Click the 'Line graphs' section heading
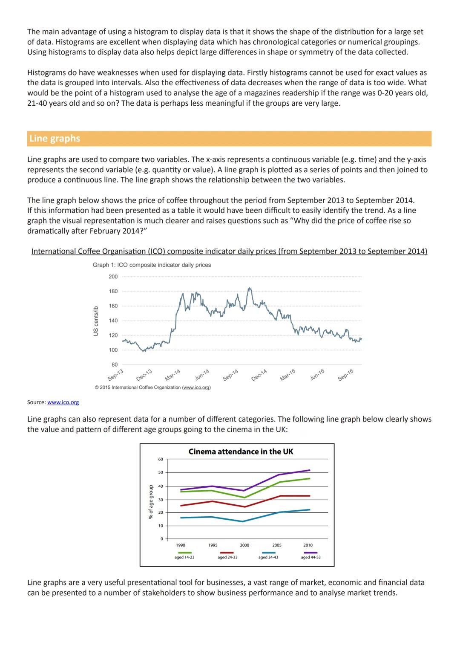(55, 139)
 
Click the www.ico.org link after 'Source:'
(63, 402)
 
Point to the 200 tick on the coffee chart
(113, 277)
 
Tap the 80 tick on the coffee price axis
(115, 365)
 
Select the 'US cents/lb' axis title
(96, 321)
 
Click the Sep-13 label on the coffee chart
(115, 375)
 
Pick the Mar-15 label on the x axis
(287, 375)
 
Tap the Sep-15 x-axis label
(345, 375)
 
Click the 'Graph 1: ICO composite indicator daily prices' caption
(152, 265)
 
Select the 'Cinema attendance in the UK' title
(241, 451)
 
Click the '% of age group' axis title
(151, 501)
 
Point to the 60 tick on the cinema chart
(160, 459)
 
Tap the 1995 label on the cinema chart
(213, 545)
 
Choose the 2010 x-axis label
(308, 545)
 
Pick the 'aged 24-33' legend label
(227, 557)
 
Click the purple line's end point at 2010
(310, 470)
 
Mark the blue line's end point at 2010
(310, 509)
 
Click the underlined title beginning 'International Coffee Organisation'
(229, 252)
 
